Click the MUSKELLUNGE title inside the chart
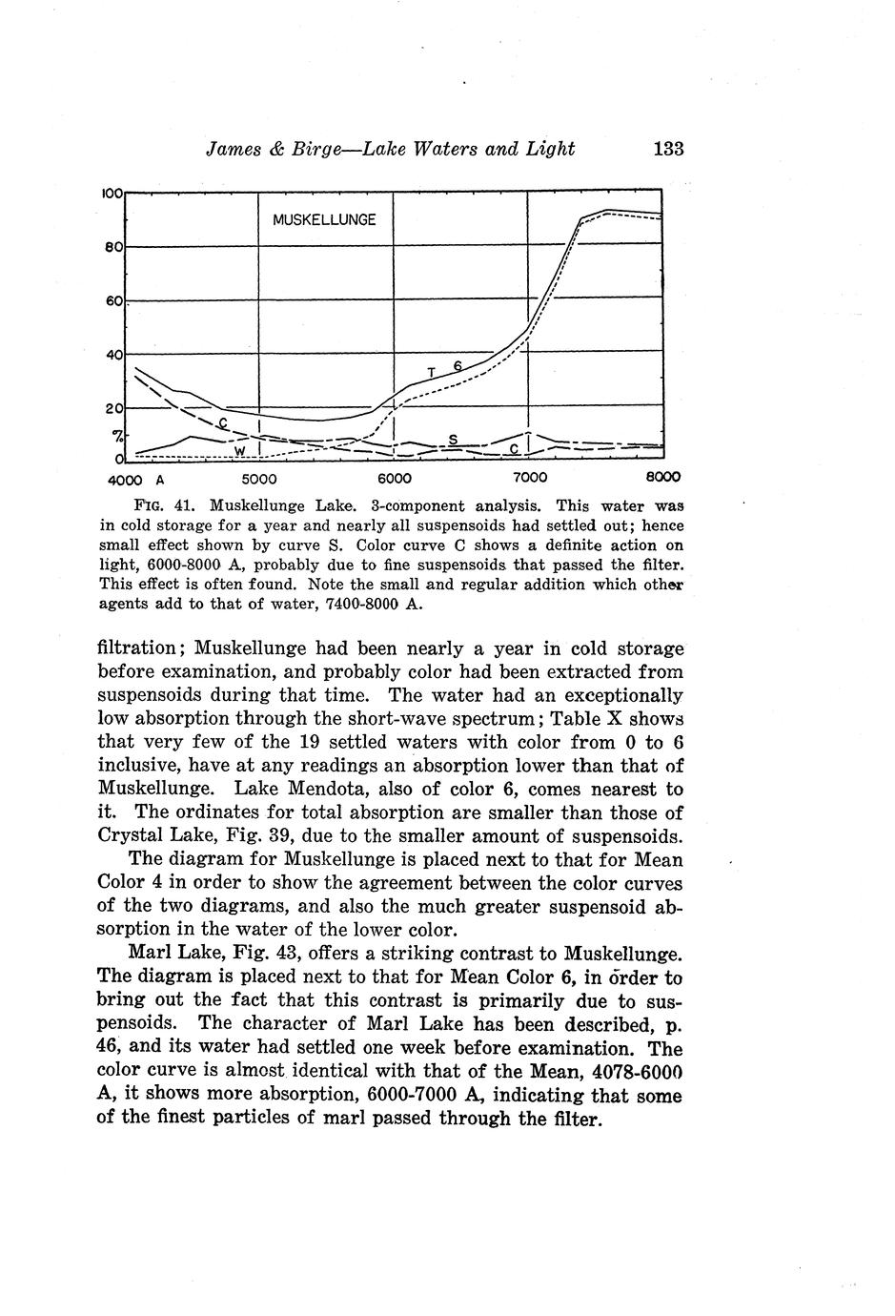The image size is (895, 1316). point(324,219)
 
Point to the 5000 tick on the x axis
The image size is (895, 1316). point(258,478)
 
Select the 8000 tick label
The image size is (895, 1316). point(662,478)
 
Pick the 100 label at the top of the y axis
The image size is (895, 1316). point(111,193)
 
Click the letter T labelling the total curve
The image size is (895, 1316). point(432,372)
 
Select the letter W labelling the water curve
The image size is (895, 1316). point(240,450)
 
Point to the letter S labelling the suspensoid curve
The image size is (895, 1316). point(454,439)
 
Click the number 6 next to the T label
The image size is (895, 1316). point(458,366)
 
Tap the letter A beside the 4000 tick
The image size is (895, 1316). point(161,478)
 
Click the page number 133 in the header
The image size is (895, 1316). point(668,149)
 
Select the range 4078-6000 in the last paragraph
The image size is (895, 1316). point(628,1072)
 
